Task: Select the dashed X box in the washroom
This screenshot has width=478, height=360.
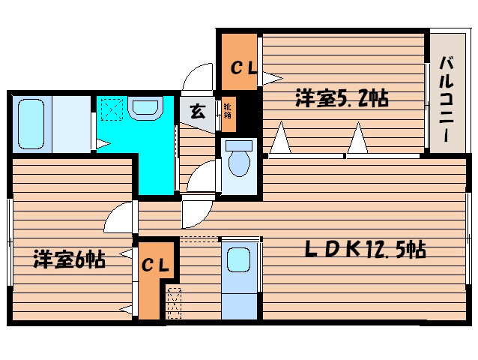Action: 112,109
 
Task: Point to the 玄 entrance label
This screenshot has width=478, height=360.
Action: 197,112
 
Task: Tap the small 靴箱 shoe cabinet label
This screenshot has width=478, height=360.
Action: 226,110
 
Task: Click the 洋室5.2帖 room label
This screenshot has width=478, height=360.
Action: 341,98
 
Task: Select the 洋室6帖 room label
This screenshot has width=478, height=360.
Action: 67,260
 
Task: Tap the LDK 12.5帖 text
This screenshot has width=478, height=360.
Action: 364,250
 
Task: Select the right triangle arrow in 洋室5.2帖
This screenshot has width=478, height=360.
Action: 359,139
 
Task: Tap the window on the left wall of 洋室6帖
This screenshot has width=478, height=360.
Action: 9,241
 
